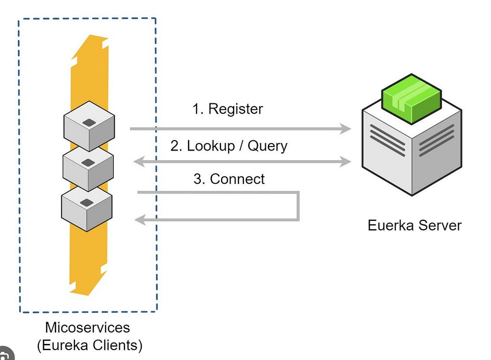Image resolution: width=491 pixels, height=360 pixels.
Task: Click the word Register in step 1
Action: (x=235, y=109)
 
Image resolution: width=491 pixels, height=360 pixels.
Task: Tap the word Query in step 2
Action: (x=266, y=146)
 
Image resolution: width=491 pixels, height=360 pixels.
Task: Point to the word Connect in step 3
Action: (x=237, y=179)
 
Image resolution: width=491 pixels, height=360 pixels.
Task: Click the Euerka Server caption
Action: (x=414, y=225)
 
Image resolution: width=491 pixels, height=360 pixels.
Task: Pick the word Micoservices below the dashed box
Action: (x=88, y=328)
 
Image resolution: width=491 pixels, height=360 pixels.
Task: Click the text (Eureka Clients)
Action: (x=90, y=346)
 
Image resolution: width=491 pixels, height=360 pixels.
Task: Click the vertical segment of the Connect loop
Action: (x=298, y=206)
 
